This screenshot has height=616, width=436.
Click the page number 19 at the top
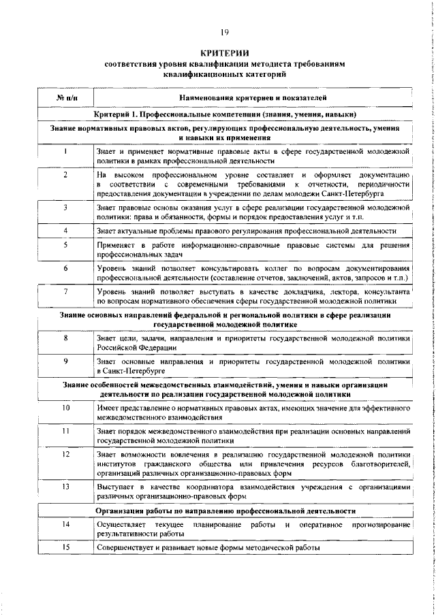click(x=224, y=33)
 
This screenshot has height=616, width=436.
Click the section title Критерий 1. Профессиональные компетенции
click(x=225, y=114)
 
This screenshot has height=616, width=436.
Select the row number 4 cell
click(x=65, y=231)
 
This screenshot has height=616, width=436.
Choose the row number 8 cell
click(x=65, y=338)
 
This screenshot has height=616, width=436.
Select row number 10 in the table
click(x=65, y=407)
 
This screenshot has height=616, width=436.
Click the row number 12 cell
click(x=65, y=454)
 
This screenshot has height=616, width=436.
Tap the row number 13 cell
click(x=65, y=487)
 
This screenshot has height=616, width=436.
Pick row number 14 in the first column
click(x=65, y=526)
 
